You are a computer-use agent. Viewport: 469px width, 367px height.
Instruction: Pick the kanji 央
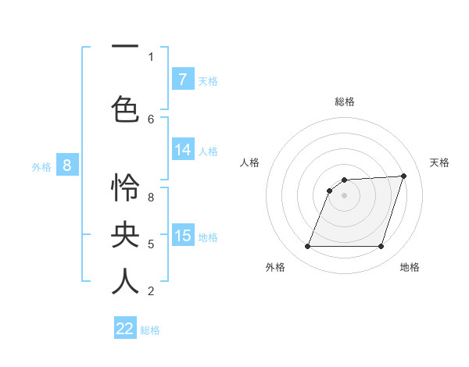(x=125, y=235)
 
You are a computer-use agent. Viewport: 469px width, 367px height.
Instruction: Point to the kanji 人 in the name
(x=125, y=281)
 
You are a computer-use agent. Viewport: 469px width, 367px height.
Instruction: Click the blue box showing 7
(x=182, y=79)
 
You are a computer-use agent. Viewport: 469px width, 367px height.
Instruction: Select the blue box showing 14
(x=182, y=150)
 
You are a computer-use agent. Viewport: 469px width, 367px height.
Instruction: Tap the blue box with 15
(x=182, y=236)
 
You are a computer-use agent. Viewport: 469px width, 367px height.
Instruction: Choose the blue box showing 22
(x=125, y=329)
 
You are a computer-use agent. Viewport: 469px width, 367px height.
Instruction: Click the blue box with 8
(x=67, y=165)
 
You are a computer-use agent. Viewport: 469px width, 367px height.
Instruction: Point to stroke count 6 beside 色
(x=151, y=119)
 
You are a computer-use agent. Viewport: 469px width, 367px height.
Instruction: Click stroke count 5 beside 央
(x=151, y=244)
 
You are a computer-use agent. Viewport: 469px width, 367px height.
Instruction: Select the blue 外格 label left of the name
(x=41, y=166)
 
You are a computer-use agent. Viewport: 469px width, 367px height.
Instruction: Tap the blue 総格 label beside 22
(x=150, y=330)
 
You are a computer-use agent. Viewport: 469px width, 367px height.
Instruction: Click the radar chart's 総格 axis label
(x=344, y=102)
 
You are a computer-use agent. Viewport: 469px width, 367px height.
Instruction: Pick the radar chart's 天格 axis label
(x=439, y=162)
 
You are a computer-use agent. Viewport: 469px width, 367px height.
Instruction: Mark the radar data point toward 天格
(x=404, y=176)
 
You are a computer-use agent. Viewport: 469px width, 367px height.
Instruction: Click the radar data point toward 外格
(x=307, y=247)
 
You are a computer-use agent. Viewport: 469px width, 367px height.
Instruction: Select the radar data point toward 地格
(x=381, y=247)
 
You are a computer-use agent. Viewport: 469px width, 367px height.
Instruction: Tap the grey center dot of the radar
(x=344, y=195)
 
